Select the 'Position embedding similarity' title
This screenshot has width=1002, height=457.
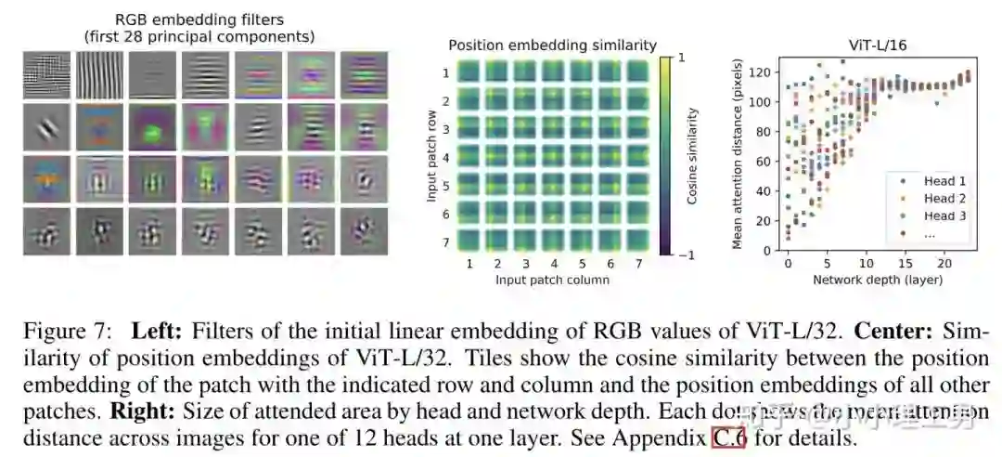(552, 45)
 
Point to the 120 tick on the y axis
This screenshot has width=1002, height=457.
(763, 71)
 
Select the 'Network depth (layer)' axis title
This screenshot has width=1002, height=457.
(878, 279)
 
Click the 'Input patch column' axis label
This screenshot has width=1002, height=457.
(552, 279)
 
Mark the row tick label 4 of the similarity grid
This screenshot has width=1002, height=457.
(445, 157)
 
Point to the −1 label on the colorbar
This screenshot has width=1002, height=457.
(687, 253)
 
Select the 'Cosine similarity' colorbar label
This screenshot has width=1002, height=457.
(693, 155)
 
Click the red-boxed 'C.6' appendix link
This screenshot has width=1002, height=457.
(729, 437)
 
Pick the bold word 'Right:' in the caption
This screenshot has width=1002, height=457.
(140, 411)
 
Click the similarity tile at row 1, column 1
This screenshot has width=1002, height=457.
(469, 72)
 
